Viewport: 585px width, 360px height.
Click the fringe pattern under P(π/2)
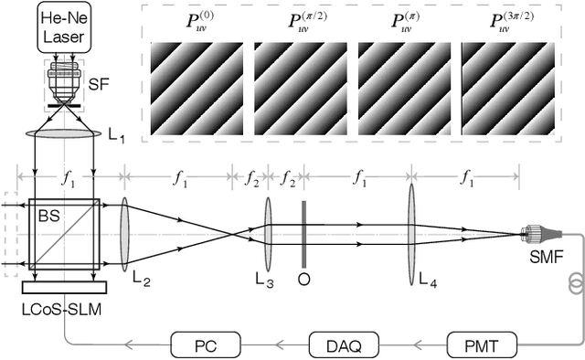pos(293,90)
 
